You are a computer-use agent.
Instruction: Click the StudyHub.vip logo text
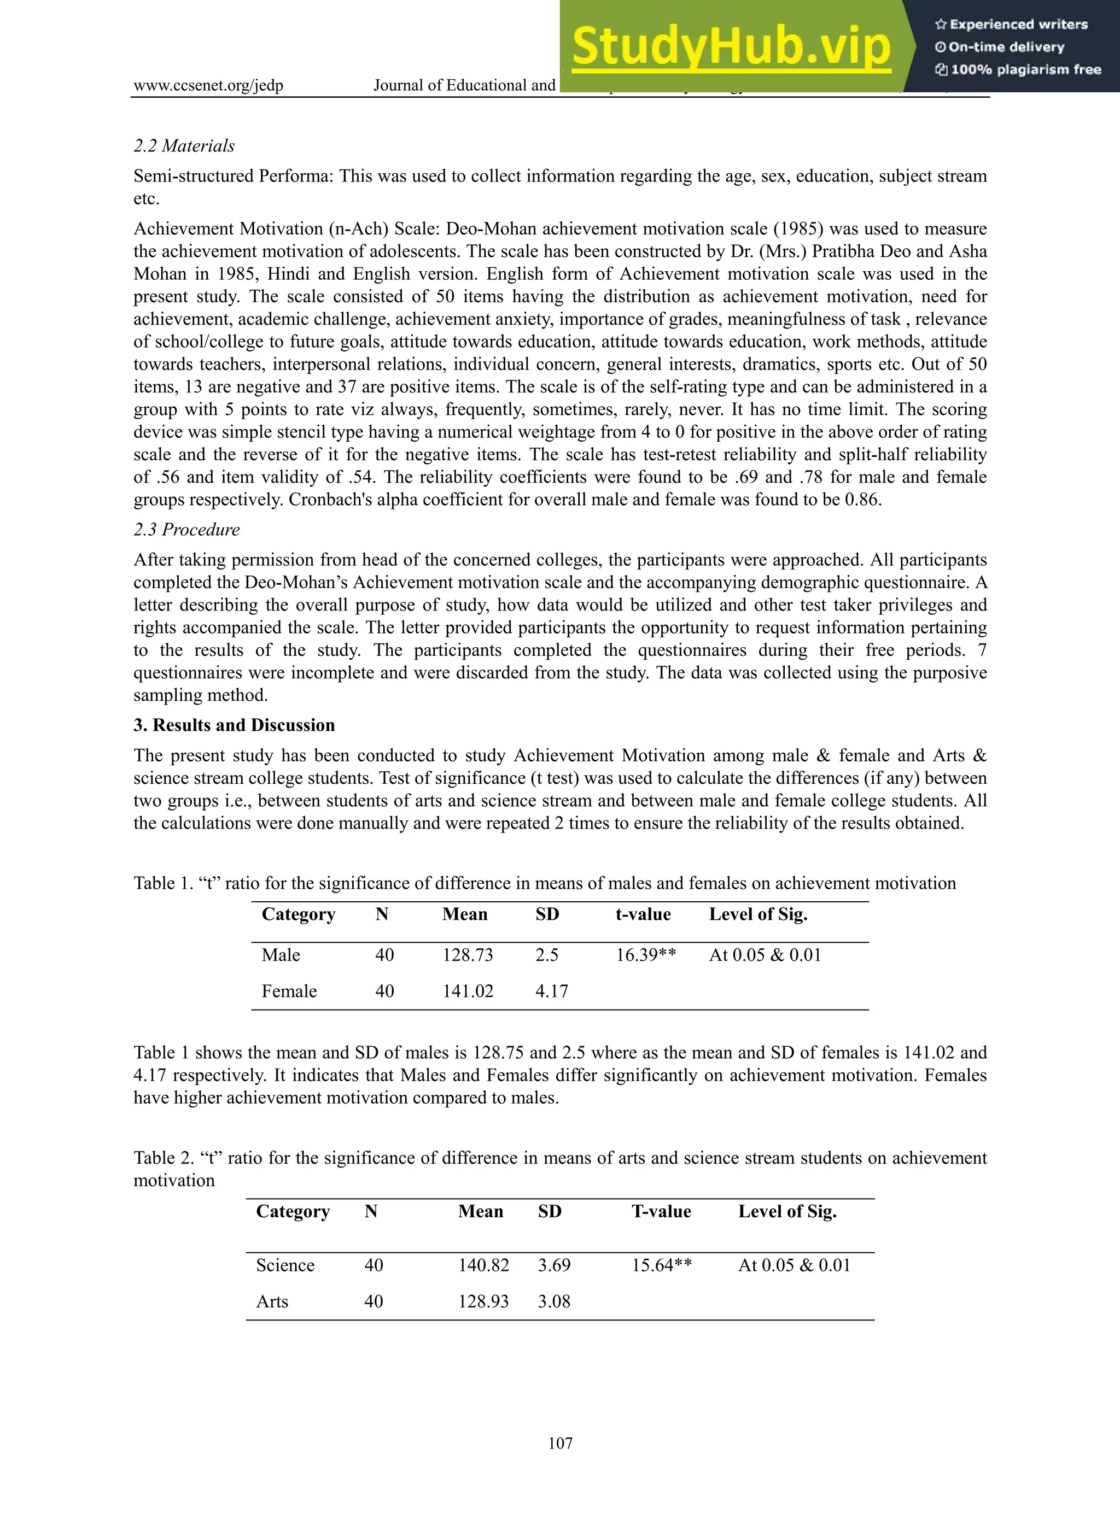pyautogui.click(x=730, y=47)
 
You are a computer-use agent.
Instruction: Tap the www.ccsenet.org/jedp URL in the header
pyautogui.click(x=208, y=85)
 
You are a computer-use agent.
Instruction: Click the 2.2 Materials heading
pyautogui.click(x=184, y=146)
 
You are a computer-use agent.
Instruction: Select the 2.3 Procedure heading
pyautogui.click(x=186, y=529)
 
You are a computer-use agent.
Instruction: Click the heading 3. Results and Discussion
pyautogui.click(x=234, y=725)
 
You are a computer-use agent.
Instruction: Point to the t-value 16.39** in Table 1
pyautogui.click(x=645, y=955)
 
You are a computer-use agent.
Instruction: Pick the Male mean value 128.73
pyautogui.click(x=468, y=955)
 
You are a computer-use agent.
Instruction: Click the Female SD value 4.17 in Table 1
pyautogui.click(x=551, y=991)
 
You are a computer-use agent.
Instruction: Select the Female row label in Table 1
pyautogui.click(x=289, y=991)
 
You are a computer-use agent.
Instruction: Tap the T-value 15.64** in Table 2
pyautogui.click(x=662, y=1265)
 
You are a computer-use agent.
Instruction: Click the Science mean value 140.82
pyautogui.click(x=483, y=1265)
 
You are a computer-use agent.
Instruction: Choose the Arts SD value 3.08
pyautogui.click(x=554, y=1301)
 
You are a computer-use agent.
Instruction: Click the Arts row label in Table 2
pyautogui.click(x=272, y=1301)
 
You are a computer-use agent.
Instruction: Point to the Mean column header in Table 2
pyautogui.click(x=480, y=1211)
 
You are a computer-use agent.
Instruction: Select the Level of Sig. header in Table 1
pyautogui.click(x=758, y=914)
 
